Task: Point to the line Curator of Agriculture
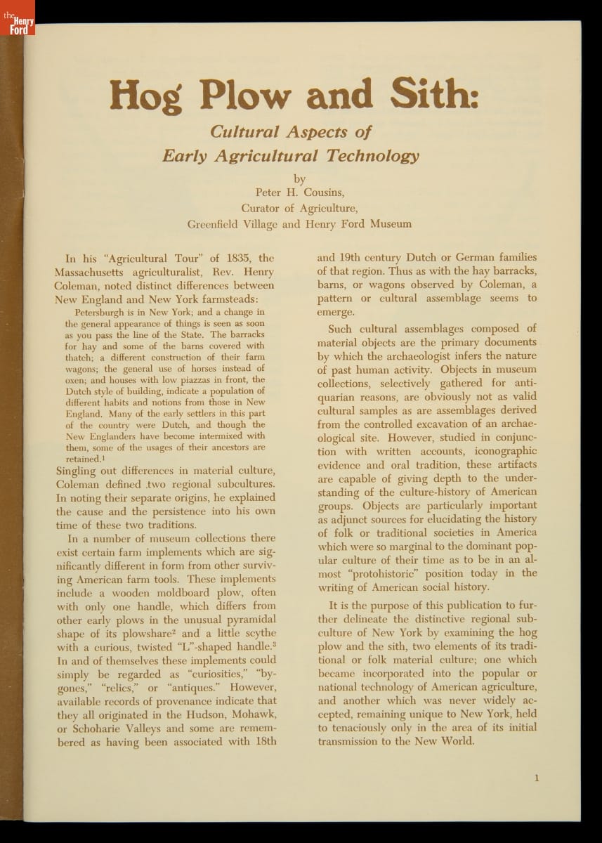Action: [x=300, y=208]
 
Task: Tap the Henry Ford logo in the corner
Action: [x=17, y=18]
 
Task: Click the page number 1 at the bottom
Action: [x=536, y=778]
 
